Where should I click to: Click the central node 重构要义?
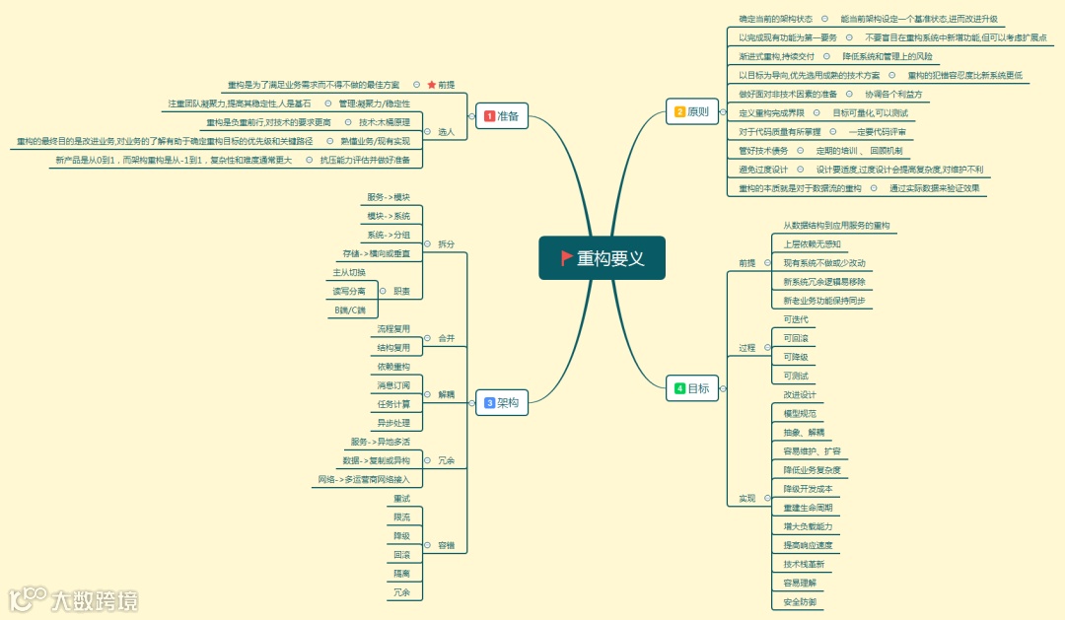(602, 258)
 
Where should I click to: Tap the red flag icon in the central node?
(566, 258)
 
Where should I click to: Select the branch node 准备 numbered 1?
(502, 116)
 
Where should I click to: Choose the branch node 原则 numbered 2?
(690, 111)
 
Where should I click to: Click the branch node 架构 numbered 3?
(502, 402)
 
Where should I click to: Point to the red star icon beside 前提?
(431, 85)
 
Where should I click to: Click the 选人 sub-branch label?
(446, 132)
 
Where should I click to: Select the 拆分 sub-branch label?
(447, 243)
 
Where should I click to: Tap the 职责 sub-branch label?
(401, 292)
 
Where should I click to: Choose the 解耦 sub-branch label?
(446, 394)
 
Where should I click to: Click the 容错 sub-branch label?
(447, 545)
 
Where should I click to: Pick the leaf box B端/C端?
(350, 310)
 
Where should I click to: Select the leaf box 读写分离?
(349, 292)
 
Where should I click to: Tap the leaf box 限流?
(401, 517)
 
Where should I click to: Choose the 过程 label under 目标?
(746, 348)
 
